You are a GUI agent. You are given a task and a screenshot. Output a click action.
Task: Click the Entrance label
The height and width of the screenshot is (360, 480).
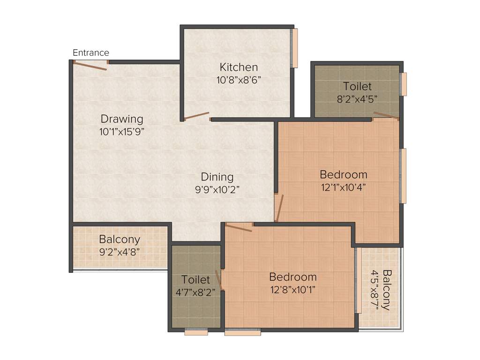click(91, 53)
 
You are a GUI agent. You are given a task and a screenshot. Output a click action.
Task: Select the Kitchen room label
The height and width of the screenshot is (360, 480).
click(239, 67)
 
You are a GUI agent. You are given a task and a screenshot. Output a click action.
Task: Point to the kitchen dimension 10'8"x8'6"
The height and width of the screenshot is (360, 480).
click(239, 80)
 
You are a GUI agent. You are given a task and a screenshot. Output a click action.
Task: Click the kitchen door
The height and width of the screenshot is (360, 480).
click(197, 116)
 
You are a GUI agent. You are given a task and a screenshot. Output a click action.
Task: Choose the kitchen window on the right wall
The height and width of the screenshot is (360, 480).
click(295, 48)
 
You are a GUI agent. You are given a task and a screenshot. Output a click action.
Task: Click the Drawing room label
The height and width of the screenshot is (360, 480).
click(121, 119)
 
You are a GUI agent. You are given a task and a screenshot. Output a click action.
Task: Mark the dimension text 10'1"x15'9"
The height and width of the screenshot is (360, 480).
click(121, 132)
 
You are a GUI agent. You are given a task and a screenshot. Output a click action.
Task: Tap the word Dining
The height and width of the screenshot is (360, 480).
click(217, 177)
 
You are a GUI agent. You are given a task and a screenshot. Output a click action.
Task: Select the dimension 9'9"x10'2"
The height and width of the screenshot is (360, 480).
click(217, 189)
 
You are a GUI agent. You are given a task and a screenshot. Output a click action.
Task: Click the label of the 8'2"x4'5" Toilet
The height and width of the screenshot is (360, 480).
click(357, 86)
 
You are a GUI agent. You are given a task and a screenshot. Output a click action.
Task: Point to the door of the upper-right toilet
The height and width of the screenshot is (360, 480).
click(386, 116)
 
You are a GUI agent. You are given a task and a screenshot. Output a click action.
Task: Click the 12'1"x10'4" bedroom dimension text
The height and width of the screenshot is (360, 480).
click(343, 187)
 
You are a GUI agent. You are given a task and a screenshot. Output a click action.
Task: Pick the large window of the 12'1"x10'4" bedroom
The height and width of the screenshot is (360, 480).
click(403, 176)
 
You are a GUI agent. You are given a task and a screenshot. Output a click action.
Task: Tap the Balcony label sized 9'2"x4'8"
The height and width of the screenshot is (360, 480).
click(119, 239)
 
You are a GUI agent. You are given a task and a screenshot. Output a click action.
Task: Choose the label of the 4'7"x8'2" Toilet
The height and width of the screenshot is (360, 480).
click(195, 280)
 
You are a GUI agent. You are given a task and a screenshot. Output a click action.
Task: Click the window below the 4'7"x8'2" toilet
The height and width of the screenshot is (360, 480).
click(196, 332)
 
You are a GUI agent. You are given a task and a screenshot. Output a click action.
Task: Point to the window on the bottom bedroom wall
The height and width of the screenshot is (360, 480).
click(242, 332)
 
